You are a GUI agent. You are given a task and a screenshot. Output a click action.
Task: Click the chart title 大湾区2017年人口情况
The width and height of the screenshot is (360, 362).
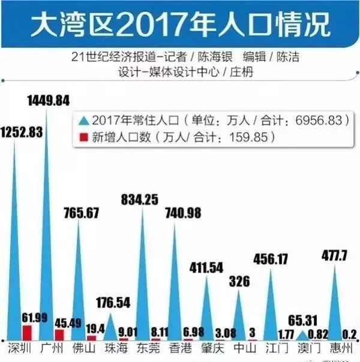click(x=180, y=25)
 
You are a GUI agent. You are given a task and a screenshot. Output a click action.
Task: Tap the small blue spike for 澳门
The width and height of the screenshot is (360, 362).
click(x=302, y=335)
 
